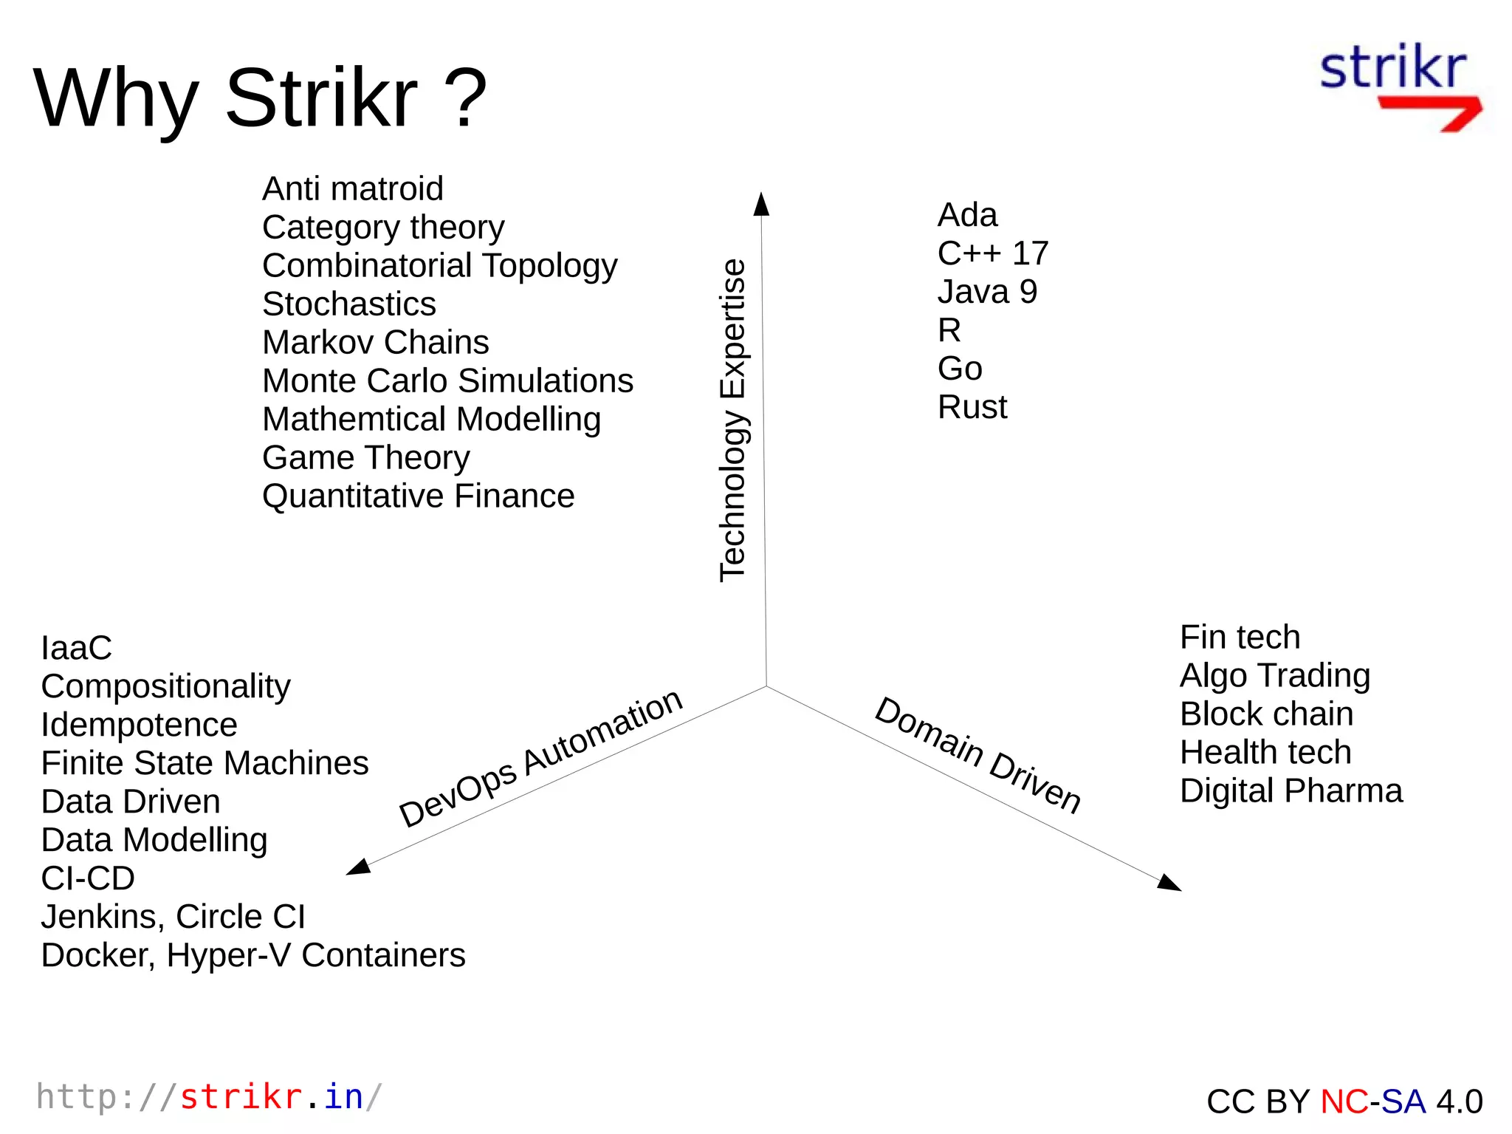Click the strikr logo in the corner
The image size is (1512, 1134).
pos(1399,87)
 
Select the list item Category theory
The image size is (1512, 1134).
pos(383,228)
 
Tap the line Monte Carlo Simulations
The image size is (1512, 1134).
pos(447,381)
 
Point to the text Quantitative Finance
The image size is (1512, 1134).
pos(418,496)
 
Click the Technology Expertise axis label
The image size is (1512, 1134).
pos(733,420)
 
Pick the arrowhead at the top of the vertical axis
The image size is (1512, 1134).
pos(761,205)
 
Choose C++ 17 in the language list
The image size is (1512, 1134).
pos(992,253)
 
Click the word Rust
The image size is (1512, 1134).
pos(972,407)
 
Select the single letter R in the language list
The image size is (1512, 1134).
pos(949,330)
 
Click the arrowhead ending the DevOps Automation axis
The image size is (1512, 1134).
pos(359,867)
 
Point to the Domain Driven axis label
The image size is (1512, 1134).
pos(978,754)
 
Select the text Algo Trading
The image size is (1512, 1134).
pos(1275,676)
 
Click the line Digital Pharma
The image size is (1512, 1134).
pos(1291,791)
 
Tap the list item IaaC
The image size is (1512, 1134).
pos(76,649)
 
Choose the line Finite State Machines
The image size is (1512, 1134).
pos(205,764)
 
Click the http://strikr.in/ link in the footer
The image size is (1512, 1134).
pos(209,1097)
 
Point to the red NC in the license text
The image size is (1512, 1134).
pos(1344,1101)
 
